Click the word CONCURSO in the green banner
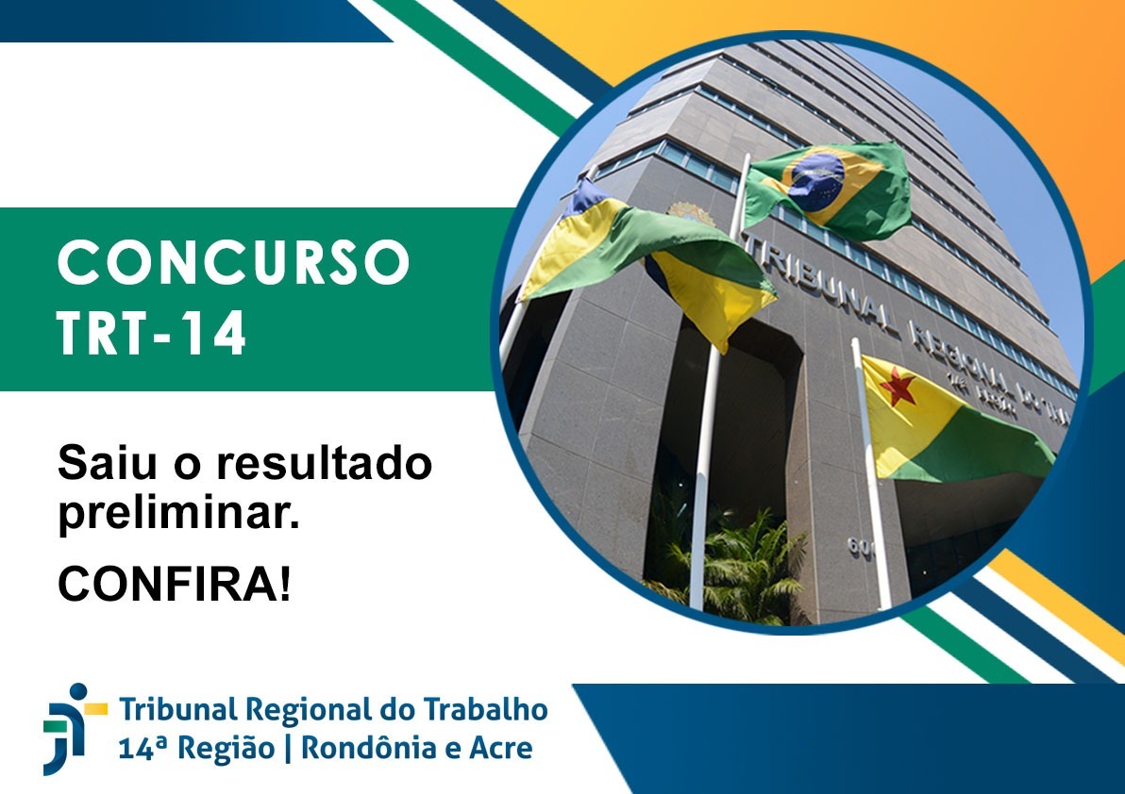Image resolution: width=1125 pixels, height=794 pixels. point(234,263)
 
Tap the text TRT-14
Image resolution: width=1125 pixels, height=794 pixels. point(151,334)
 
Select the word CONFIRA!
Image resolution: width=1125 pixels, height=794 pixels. point(175,585)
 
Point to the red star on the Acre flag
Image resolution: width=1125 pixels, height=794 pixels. point(897,388)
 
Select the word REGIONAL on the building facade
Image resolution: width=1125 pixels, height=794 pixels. point(944,355)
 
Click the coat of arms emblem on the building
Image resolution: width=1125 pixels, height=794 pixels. point(692,214)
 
